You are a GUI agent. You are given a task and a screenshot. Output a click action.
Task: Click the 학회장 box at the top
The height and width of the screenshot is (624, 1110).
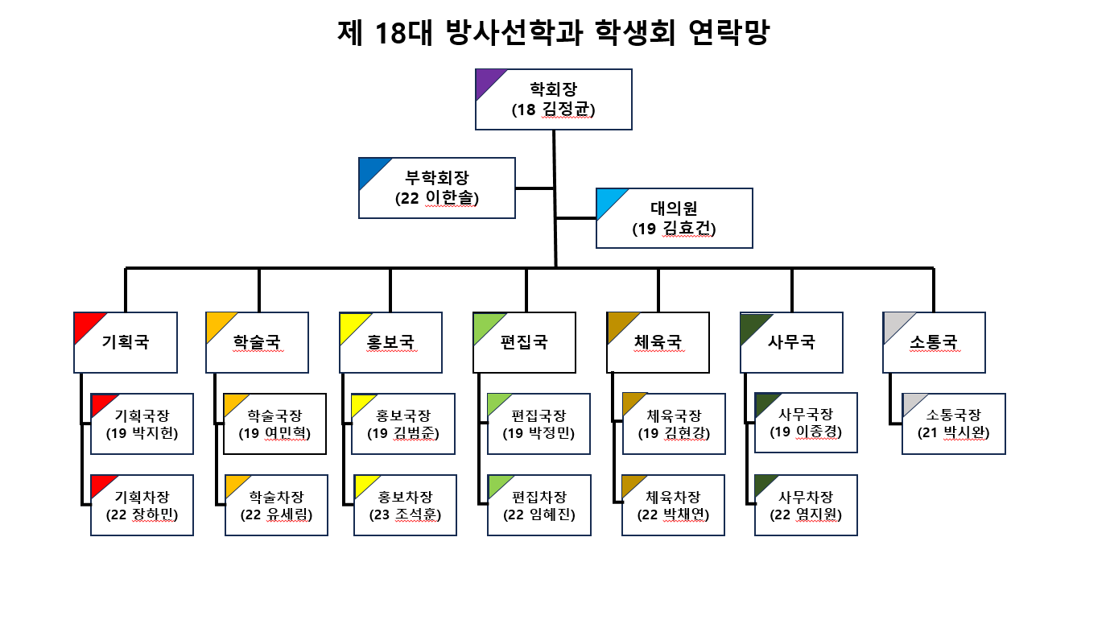(554, 99)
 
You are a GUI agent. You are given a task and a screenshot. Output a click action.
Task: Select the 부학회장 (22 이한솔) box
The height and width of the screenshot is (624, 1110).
(436, 188)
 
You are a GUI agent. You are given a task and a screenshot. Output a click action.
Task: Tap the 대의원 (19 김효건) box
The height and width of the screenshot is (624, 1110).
(674, 218)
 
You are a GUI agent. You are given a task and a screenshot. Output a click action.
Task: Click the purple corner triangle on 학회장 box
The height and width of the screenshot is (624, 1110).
(487, 81)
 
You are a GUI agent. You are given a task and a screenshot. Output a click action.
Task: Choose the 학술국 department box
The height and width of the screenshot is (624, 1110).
(258, 342)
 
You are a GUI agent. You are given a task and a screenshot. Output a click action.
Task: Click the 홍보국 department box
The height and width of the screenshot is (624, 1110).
(390, 342)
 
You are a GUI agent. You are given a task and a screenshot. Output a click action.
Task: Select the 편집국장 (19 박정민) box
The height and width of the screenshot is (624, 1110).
(538, 424)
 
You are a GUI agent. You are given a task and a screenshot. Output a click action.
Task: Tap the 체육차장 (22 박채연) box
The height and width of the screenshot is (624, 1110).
(673, 505)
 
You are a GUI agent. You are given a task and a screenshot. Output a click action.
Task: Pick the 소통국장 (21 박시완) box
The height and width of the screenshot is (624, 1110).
(953, 424)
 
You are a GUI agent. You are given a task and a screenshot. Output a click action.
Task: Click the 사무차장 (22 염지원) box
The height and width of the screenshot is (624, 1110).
(806, 505)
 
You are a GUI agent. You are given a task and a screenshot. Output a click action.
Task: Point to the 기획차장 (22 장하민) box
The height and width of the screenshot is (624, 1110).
(142, 505)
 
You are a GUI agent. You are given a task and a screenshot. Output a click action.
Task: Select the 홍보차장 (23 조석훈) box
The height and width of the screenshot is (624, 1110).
(405, 505)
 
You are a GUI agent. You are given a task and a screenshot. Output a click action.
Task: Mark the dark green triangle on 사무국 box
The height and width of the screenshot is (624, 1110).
(753, 324)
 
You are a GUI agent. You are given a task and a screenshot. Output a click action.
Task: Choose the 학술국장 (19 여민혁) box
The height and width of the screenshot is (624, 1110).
(274, 424)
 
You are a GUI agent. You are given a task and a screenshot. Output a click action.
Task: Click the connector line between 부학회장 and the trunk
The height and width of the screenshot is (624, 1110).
(534, 188)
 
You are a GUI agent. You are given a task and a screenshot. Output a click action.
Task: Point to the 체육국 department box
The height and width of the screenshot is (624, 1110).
(658, 342)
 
